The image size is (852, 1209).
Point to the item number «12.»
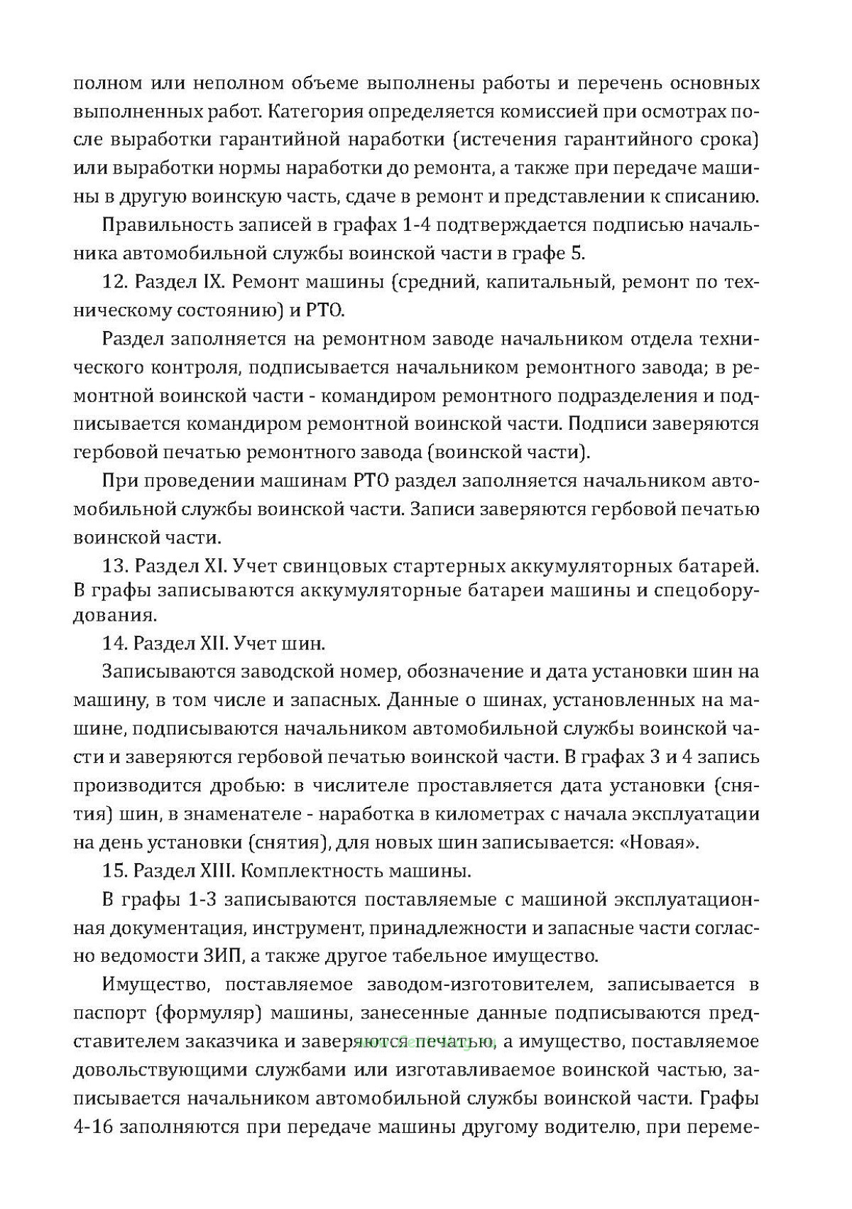click(115, 282)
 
